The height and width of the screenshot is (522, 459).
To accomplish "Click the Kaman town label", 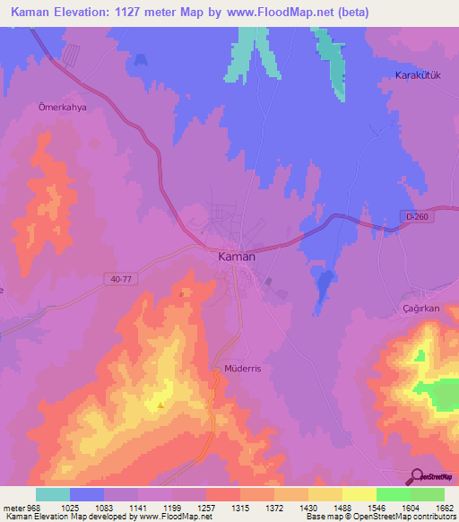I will coord(237,257).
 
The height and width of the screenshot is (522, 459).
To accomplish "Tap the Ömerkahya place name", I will coord(60,105).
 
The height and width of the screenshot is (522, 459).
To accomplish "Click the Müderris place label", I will coord(239,369).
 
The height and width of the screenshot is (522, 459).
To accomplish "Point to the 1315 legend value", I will coord(241,507).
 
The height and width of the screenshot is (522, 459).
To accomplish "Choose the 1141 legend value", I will coord(139,507).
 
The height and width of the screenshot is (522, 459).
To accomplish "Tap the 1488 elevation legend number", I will coord(342,507).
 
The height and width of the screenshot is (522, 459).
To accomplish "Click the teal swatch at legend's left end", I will coord(53,494).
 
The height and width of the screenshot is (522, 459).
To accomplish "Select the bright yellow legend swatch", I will coord(359,494).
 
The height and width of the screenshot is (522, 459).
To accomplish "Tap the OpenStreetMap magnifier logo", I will coord(416,476).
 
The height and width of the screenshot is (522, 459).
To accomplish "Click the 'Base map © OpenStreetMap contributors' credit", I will coord(379,517).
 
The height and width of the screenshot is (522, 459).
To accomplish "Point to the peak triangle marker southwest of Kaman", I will coord(160,405).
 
